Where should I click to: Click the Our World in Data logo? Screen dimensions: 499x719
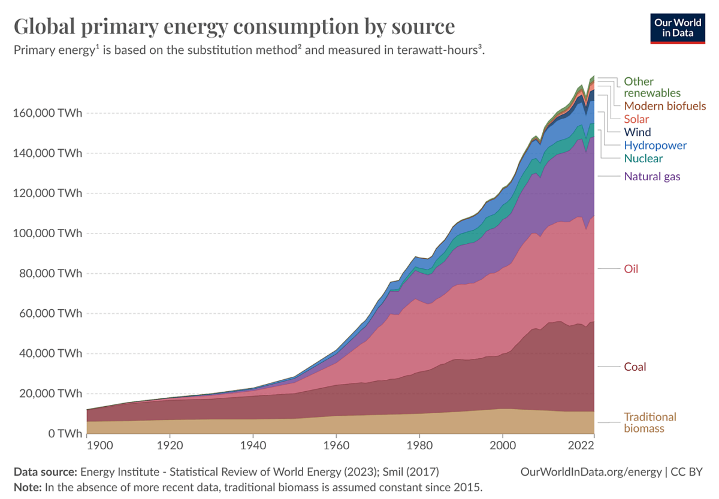click(x=678, y=27)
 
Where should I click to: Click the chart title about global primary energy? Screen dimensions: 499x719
click(x=234, y=27)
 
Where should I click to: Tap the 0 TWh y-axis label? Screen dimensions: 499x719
click(x=62, y=434)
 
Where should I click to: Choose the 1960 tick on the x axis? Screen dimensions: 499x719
click(x=336, y=446)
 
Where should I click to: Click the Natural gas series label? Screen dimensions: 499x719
click(x=652, y=176)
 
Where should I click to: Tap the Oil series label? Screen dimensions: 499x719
click(x=631, y=269)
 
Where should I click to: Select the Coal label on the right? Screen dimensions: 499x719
click(x=635, y=367)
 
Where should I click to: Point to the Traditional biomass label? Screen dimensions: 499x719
click(x=649, y=422)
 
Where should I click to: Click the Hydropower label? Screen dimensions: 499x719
click(x=655, y=146)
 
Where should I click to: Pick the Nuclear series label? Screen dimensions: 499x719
click(x=643, y=159)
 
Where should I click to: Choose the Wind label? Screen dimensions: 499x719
click(x=637, y=132)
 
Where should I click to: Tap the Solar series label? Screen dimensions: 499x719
click(x=636, y=119)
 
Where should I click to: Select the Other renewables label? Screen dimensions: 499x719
click(x=652, y=87)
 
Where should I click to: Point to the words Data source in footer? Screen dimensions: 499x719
click(x=45, y=472)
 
